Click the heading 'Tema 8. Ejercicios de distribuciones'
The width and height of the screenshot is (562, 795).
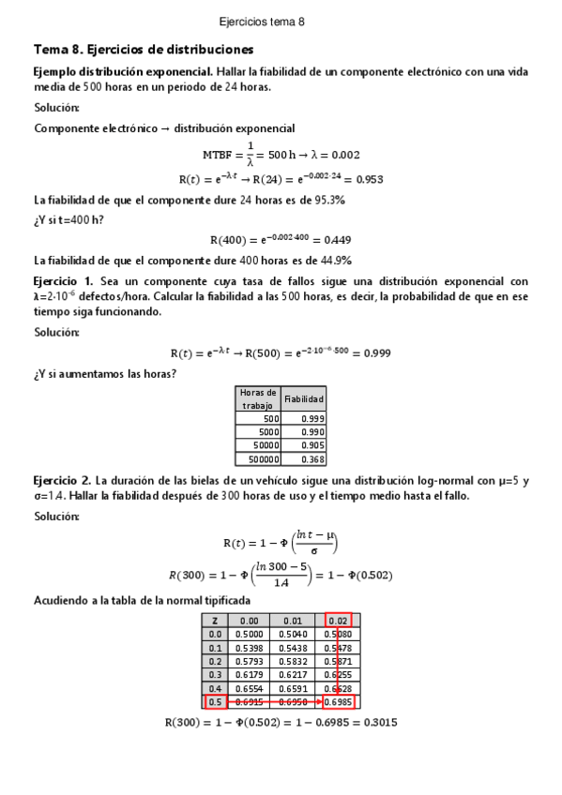click(x=143, y=49)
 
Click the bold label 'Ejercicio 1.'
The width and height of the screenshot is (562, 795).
click(x=63, y=281)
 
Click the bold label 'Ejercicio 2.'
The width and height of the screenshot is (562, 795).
click(x=63, y=480)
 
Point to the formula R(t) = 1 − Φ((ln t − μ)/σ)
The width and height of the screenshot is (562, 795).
click(x=281, y=543)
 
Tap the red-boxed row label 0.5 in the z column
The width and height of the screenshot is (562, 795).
click(x=215, y=701)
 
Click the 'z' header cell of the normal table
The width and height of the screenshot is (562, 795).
click(x=215, y=620)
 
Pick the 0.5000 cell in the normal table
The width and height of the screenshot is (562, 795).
click(x=249, y=634)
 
